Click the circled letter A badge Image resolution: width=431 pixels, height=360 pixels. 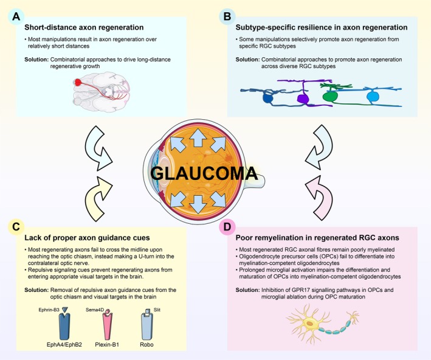pyautogui.click(x=16, y=16)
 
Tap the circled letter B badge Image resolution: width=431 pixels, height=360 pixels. pyautogui.click(x=227, y=16)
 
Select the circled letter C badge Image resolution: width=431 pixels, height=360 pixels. pyautogui.click(x=16, y=227)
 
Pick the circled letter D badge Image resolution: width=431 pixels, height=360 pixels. pyautogui.click(x=227, y=227)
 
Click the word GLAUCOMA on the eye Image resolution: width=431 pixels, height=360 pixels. pyautogui.click(x=204, y=173)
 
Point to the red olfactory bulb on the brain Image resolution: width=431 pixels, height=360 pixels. pyautogui.click(x=78, y=82)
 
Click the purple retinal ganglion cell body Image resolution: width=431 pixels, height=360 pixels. pyautogui.click(x=303, y=99)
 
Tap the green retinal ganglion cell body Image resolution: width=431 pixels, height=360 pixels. pyautogui.click(x=330, y=97)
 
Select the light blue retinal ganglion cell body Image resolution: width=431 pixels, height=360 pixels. pyautogui.click(x=373, y=97)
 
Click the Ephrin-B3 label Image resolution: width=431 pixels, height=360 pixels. pyautogui.click(x=49, y=310)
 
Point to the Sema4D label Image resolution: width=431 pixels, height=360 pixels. pyautogui.click(x=95, y=310)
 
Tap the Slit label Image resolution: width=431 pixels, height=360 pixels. pyautogui.click(x=157, y=310)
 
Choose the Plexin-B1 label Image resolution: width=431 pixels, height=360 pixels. pyautogui.click(x=107, y=344)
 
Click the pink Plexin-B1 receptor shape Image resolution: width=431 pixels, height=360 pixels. pyautogui.click(x=107, y=327)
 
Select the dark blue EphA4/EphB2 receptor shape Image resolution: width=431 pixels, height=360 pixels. pyautogui.click(x=64, y=327)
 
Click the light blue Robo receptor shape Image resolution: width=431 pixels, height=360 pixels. pyautogui.click(x=147, y=327)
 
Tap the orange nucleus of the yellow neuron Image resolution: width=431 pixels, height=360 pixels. pyautogui.click(x=310, y=324)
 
